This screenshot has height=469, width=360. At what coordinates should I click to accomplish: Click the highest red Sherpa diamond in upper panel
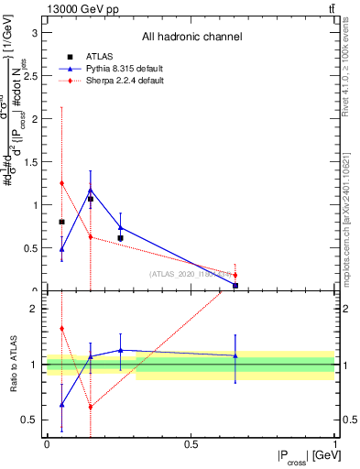[61, 183]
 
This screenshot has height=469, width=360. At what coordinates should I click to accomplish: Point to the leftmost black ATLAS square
[61, 222]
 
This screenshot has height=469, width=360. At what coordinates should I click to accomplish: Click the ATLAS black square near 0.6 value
[120, 238]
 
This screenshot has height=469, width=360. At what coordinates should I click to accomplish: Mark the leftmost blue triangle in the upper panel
[61, 248]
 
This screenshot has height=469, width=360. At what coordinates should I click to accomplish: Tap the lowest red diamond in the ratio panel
[90, 407]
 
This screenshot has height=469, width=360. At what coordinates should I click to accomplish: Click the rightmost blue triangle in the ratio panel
[235, 354]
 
